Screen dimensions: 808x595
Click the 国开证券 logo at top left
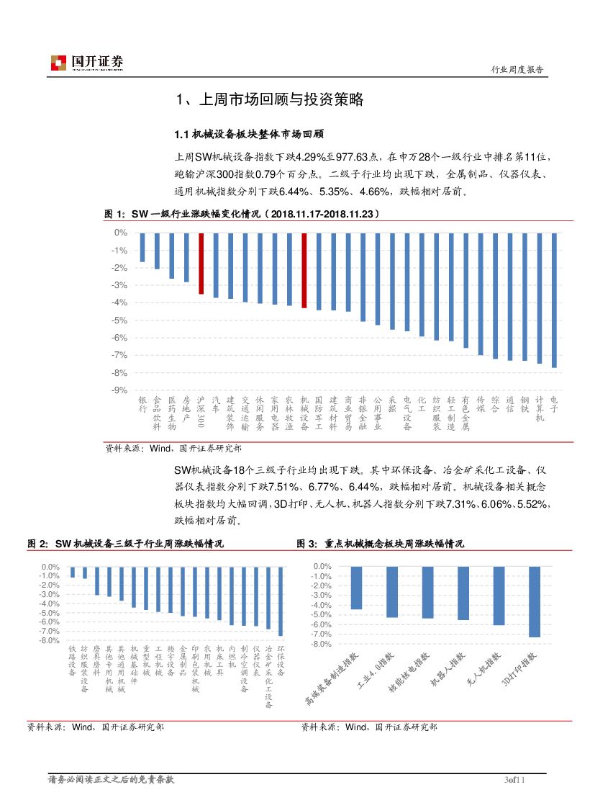click(87, 63)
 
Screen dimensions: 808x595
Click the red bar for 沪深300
click(201, 264)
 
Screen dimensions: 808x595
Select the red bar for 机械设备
click(304, 271)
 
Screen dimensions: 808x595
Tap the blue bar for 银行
click(142, 247)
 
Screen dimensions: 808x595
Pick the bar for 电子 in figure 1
click(554, 300)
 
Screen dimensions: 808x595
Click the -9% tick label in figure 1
click(119, 390)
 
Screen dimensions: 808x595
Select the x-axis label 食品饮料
click(157, 408)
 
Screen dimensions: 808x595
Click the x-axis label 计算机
click(540, 408)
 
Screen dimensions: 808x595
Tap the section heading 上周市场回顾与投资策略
click(270, 100)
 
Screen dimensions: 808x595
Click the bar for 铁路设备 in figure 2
click(73, 572)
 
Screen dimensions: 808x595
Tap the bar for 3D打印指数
click(534, 602)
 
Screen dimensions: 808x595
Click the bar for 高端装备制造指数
click(356, 588)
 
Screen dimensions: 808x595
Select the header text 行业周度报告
click(517, 69)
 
